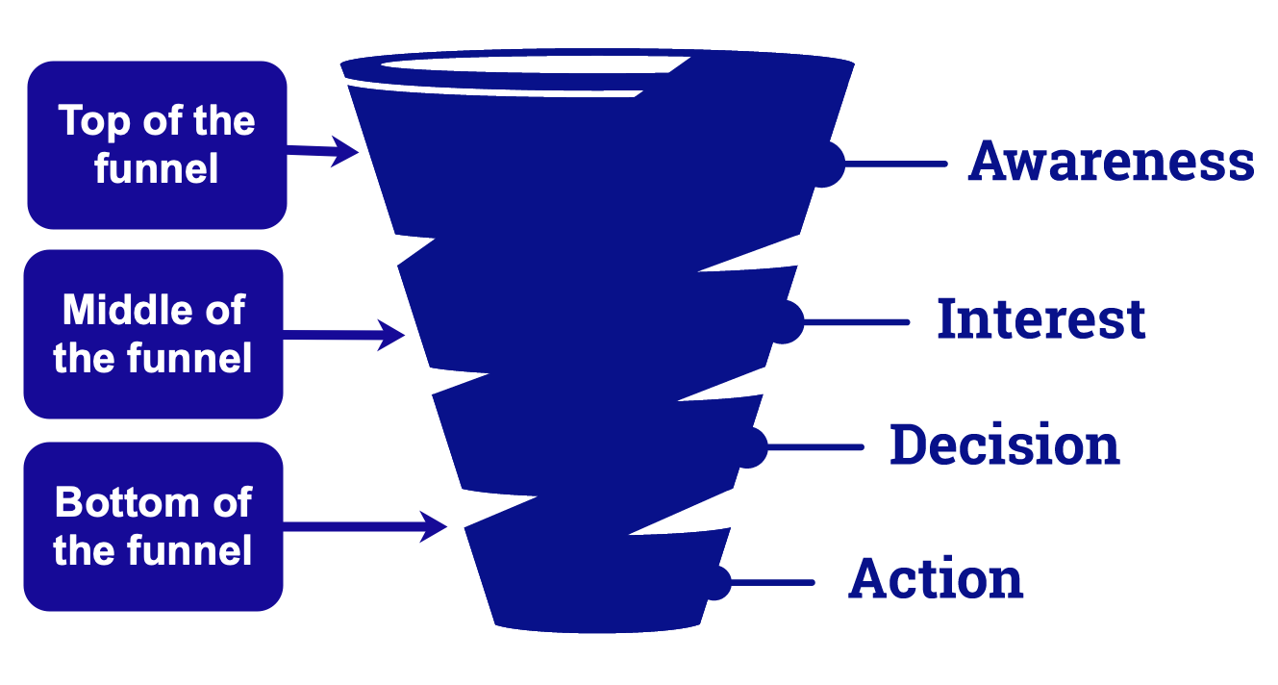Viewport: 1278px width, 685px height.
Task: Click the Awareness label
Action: pyautogui.click(x=1111, y=162)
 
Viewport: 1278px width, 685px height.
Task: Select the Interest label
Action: pyautogui.click(x=1041, y=318)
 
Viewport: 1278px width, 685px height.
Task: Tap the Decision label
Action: pyautogui.click(x=1005, y=445)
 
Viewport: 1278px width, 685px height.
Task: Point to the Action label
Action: pyautogui.click(x=936, y=579)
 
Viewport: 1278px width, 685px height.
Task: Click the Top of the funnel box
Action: pyautogui.click(x=157, y=145)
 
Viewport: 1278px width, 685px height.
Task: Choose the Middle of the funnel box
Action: pyautogui.click(x=154, y=334)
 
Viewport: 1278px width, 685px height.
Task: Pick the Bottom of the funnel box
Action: pyautogui.click(x=154, y=526)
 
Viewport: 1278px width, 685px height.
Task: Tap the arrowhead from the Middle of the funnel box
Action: pyautogui.click(x=390, y=335)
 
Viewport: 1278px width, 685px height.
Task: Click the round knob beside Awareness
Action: pyautogui.click(x=827, y=164)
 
